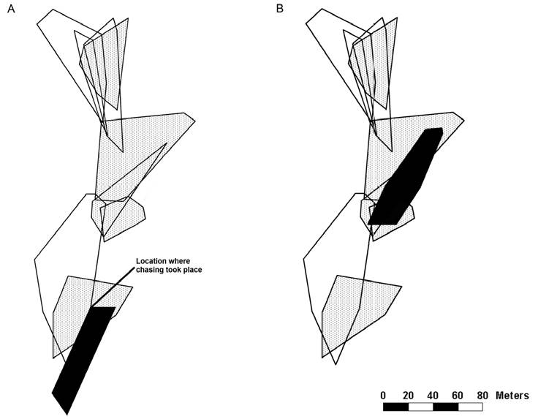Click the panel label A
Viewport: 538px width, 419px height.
point(10,8)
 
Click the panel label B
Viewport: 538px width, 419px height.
point(280,8)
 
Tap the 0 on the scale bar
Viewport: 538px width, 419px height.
point(383,395)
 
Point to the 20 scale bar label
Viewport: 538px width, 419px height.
point(408,395)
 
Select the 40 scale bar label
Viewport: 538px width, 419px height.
point(433,395)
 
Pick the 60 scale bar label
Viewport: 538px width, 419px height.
point(458,395)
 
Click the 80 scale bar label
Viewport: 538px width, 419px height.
point(482,395)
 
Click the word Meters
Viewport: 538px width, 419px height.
point(512,395)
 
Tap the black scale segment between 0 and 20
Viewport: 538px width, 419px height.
point(395,407)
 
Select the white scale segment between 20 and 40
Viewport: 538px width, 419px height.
point(420,407)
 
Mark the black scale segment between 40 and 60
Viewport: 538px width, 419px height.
point(445,407)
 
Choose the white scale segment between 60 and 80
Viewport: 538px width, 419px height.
point(470,407)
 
